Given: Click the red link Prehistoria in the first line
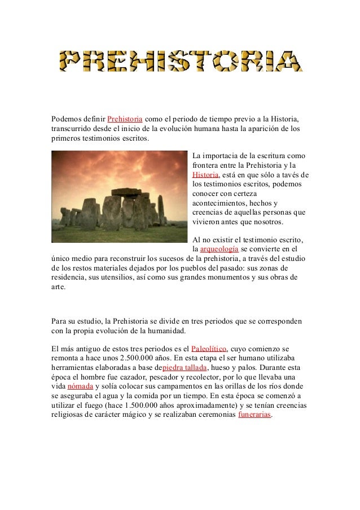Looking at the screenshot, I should [x=124, y=120].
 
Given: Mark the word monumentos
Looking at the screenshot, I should [x=234, y=277].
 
